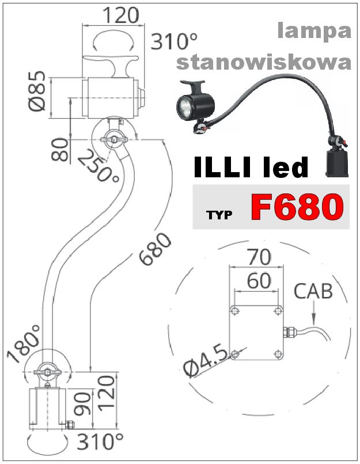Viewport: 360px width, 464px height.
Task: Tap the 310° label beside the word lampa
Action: pyautogui.click(x=174, y=41)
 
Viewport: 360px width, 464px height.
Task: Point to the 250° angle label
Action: pyautogui.click(x=98, y=165)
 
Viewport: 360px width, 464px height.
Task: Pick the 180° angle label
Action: pyautogui.click(x=25, y=344)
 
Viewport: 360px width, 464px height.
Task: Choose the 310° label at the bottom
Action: pyautogui.click(x=100, y=443)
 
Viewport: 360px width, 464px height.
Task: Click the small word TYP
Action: pyautogui.click(x=219, y=216)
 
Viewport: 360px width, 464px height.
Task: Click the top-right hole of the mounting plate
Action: pyautogui.click(x=278, y=311)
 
